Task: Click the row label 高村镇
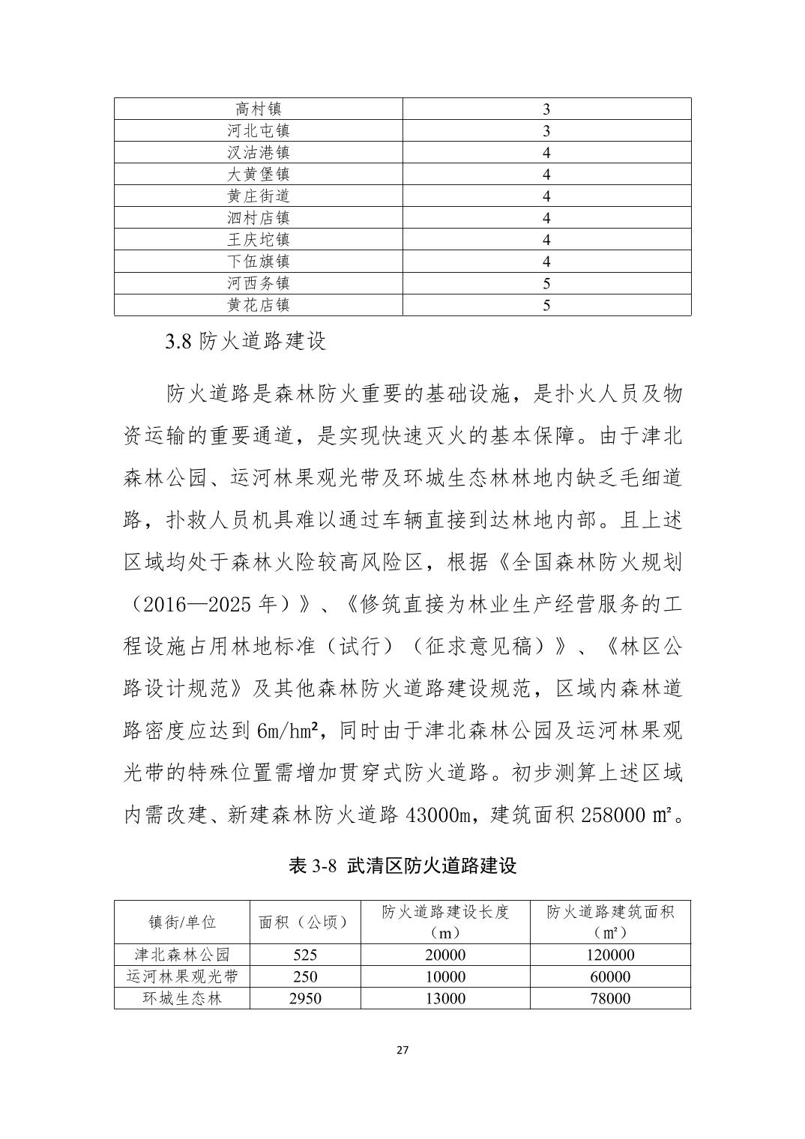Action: point(258,109)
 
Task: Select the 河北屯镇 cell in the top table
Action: point(258,131)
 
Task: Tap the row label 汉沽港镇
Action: point(258,153)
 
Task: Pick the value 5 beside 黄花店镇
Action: point(546,305)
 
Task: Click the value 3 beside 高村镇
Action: point(546,109)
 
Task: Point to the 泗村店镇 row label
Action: point(258,218)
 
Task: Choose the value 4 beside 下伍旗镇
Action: point(546,262)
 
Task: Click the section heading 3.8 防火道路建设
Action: point(246,342)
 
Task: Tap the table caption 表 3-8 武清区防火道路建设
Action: point(402,866)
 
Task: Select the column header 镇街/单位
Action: point(181,922)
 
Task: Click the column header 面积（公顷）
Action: point(304,922)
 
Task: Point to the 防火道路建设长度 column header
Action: point(445,912)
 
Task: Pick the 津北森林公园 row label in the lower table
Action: point(181,955)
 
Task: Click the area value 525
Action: point(304,955)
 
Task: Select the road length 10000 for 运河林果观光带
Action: point(445,977)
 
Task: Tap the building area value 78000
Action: point(610,999)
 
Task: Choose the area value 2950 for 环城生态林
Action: point(304,999)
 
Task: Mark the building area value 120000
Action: point(610,955)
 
